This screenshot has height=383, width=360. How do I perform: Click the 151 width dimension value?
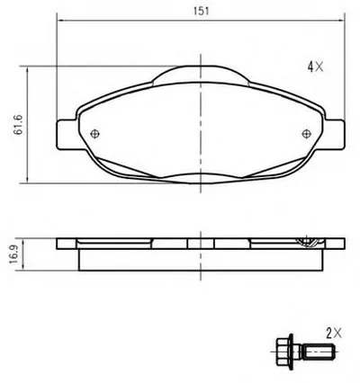201,11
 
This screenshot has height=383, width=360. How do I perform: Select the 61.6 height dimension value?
19,125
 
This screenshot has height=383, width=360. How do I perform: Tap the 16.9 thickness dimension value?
13,254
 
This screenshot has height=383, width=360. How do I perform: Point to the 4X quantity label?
315,67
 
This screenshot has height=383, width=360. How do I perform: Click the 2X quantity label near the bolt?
334,333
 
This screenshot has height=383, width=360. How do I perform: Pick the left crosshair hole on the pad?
94,134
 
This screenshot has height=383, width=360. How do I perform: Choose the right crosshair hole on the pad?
306,134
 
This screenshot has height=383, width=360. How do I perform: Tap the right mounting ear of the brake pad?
334,134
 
